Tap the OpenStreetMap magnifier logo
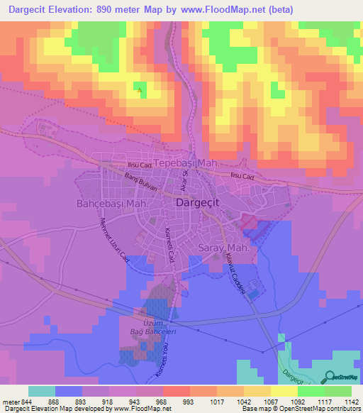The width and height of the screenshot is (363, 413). coord(328,377)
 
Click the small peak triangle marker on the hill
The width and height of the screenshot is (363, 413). coord(140,89)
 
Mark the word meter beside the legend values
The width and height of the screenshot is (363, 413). coord(10,402)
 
